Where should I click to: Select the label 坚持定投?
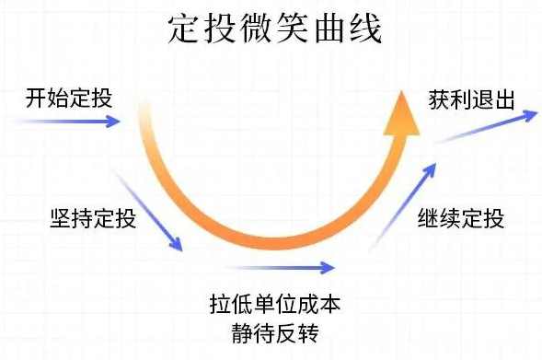click(93, 220)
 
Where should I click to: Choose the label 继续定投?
click(460, 220)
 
